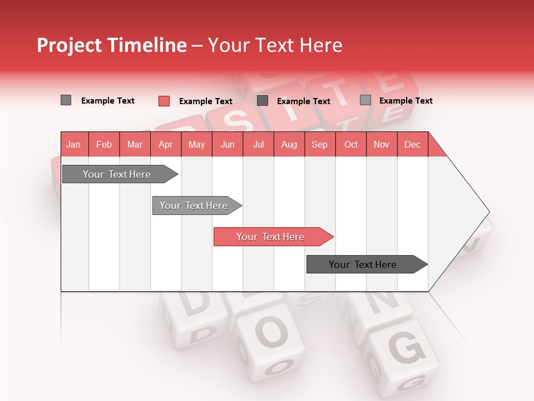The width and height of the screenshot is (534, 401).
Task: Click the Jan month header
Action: click(74, 144)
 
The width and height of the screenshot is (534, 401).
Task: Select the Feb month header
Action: click(104, 144)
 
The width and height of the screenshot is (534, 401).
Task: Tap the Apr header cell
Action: click(165, 144)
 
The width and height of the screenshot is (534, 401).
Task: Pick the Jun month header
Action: click(228, 144)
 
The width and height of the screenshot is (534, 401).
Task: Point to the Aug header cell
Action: click(289, 144)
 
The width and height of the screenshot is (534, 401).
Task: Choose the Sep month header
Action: click(319, 144)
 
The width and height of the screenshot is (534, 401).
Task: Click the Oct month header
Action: click(351, 144)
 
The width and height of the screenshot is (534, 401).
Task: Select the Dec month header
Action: click(412, 144)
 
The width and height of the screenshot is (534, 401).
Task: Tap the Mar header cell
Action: click(135, 144)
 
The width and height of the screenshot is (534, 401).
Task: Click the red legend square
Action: click(164, 101)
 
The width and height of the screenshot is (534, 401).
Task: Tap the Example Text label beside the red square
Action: click(205, 101)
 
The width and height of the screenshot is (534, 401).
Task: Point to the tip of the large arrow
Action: click(488, 212)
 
